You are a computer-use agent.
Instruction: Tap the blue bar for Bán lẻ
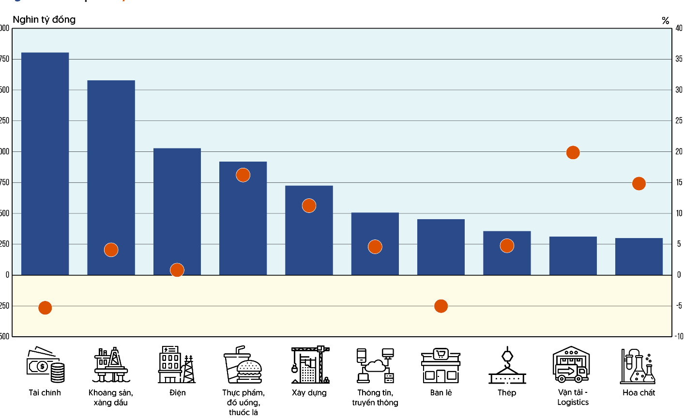[441, 247]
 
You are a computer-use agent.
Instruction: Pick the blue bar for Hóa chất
[639, 256]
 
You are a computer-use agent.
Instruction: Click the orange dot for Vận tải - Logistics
[573, 152]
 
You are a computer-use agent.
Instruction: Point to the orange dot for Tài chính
[45, 308]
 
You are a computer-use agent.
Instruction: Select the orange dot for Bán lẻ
[441, 306]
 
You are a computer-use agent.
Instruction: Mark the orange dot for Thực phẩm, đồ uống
[243, 175]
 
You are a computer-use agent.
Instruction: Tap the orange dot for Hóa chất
[639, 184]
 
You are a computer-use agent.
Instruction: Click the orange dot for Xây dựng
[309, 206]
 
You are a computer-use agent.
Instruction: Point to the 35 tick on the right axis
[679, 59]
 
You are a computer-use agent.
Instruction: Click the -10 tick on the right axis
[679, 336]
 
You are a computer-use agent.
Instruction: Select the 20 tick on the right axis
[679, 151]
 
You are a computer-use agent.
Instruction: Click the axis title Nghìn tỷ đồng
[44, 19]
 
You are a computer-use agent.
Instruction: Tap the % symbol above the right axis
[666, 20]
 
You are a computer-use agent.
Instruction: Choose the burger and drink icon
[243, 365]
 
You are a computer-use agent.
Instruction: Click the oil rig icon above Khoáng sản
[111, 365]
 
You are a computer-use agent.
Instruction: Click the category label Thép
[507, 392]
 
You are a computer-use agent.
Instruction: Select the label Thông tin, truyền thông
[375, 397]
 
